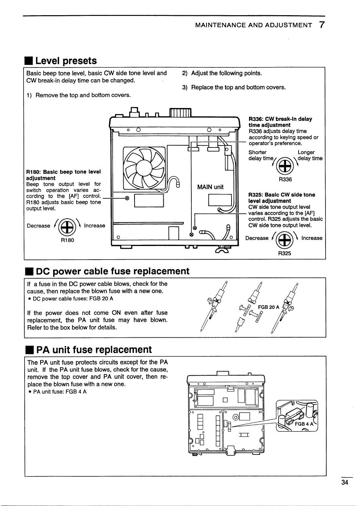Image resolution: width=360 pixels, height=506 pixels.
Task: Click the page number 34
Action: pos(344,483)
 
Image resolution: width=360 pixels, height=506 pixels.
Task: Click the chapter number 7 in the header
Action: pos(321,25)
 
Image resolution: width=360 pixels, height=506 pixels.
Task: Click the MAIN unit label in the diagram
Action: pos(210,187)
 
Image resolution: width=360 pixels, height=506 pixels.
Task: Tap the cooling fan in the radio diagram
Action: pos(144,168)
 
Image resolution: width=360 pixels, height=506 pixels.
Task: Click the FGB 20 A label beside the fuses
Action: pos(269,307)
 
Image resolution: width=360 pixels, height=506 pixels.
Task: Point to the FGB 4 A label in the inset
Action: pos(304,424)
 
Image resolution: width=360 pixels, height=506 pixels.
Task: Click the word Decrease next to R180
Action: pos(38,226)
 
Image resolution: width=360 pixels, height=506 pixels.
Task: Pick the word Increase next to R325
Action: pos(312,238)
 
